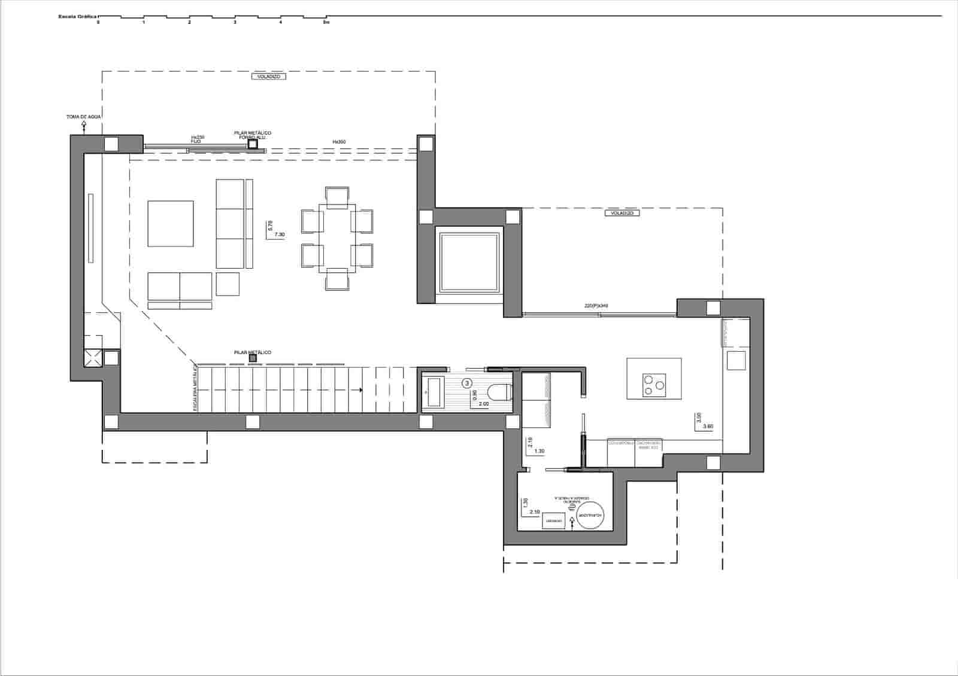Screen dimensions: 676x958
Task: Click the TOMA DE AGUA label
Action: click(83, 117)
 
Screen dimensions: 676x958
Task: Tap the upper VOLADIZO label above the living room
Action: click(268, 77)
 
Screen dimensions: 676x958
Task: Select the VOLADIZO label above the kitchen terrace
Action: click(622, 213)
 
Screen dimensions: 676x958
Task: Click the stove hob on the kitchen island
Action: click(653, 385)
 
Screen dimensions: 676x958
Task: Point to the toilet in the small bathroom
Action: click(498, 392)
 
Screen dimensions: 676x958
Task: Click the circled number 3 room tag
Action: click(468, 382)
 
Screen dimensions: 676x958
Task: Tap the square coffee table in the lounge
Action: click(171, 223)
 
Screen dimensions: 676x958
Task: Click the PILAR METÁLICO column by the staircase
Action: click(253, 358)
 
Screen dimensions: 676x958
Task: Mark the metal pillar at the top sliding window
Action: click(253, 144)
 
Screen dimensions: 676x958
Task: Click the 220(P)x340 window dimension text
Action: click(596, 306)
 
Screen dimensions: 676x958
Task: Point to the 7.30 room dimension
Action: click(279, 235)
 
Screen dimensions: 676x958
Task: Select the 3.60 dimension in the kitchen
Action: click(708, 427)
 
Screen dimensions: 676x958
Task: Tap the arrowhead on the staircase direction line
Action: click(361, 390)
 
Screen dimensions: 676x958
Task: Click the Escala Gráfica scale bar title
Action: click(77, 17)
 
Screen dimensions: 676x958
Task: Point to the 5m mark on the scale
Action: click(326, 22)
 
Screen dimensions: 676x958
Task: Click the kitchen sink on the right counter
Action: click(736, 360)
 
